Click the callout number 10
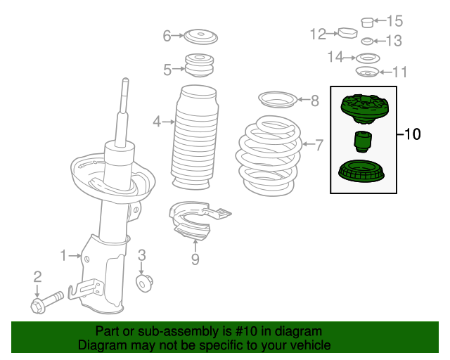tap(413, 134)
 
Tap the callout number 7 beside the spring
tap(319, 145)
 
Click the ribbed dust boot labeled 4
tap(195, 137)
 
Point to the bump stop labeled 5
tap(200, 65)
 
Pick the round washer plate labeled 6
tap(200, 37)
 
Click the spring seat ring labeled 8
tap(278, 100)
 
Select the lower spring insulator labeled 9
tap(198, 220)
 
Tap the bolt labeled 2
tap(46, 302)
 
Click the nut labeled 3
tap(144, 283)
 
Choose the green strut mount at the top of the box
tap(364, 109)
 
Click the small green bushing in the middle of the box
tap(363, 141)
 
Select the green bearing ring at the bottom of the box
tap(361, 171)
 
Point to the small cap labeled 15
tap(367, 22)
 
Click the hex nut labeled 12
tap(348, 33)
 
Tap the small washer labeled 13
tap(367, 41)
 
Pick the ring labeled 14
tap(368, 58)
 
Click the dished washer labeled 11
tap(367, 72)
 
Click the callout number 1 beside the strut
tap(63, 255)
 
